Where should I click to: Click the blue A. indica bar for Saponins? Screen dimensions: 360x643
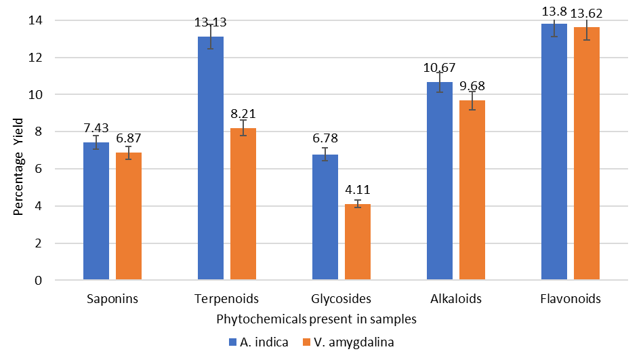96,211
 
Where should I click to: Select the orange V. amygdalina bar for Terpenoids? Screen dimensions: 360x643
243,203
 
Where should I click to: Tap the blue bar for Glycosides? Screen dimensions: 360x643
325,217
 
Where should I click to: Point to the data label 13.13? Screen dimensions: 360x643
210,22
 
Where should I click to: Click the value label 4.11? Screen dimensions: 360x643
358,190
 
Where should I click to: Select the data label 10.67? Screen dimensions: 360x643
440,68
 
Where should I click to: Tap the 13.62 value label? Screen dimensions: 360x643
587,13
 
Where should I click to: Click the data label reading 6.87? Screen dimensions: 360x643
129,138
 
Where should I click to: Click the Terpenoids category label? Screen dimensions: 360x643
227,299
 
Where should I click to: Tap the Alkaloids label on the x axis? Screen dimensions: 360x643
456,299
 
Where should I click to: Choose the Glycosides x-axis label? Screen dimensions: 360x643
341,299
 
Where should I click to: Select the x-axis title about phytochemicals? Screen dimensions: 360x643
316,318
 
